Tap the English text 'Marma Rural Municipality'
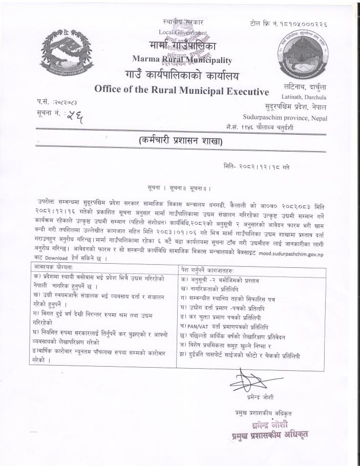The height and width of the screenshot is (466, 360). [182, 60]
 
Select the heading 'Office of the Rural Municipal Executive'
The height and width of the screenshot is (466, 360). [182, 90]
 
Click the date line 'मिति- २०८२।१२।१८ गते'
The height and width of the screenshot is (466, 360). [257, 166]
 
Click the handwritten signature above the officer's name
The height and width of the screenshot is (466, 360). [248, 382]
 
